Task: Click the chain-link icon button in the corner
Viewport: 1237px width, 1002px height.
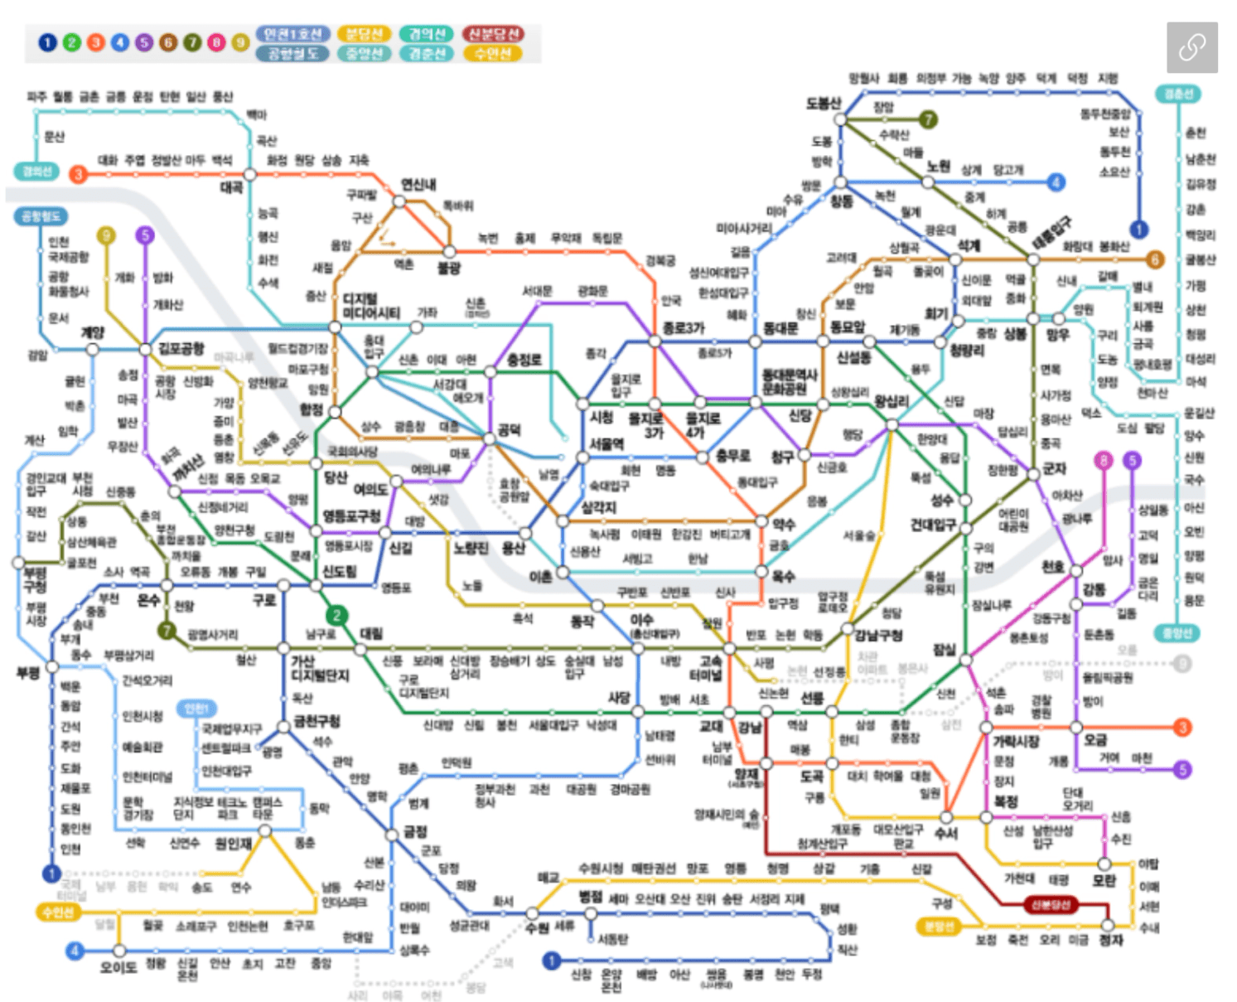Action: (x=1191, y=47)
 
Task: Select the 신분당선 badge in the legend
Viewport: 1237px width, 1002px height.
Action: (x=493, y=34)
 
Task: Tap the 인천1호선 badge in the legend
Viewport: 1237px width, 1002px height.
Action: (x=292, y=34)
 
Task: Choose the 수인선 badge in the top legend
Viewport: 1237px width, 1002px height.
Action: (x=493, y=54)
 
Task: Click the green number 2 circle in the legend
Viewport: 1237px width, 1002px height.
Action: (x=72, y=42)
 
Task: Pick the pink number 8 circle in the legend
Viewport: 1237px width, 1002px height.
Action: (x=216, y=42)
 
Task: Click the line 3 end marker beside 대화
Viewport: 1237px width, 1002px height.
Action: (x=79, y=174)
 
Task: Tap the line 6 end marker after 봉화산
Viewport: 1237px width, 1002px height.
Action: (x=1155, y=259)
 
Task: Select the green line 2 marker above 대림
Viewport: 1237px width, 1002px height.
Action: (x=336, y=615)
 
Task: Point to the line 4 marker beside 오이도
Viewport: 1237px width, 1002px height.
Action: (x=75, y=951)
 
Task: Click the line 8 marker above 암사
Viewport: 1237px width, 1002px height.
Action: (x=1103, y=461)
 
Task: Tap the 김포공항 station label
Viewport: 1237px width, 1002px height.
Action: (x=181, y=348)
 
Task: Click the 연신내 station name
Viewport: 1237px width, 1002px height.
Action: (x=418, y=184)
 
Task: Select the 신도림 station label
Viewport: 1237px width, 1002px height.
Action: (x=339, y=572)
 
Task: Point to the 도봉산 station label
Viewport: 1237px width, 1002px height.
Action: (x=824, y=104)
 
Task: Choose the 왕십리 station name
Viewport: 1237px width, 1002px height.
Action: (x=892, y=402)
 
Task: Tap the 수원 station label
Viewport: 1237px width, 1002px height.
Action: (x=537, y=927)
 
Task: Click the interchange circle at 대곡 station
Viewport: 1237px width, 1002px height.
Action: (x=249, y=174)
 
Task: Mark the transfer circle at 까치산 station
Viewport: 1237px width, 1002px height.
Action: (x=174, y=491)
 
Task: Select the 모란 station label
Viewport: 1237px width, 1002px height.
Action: (x=1104, y=880)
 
